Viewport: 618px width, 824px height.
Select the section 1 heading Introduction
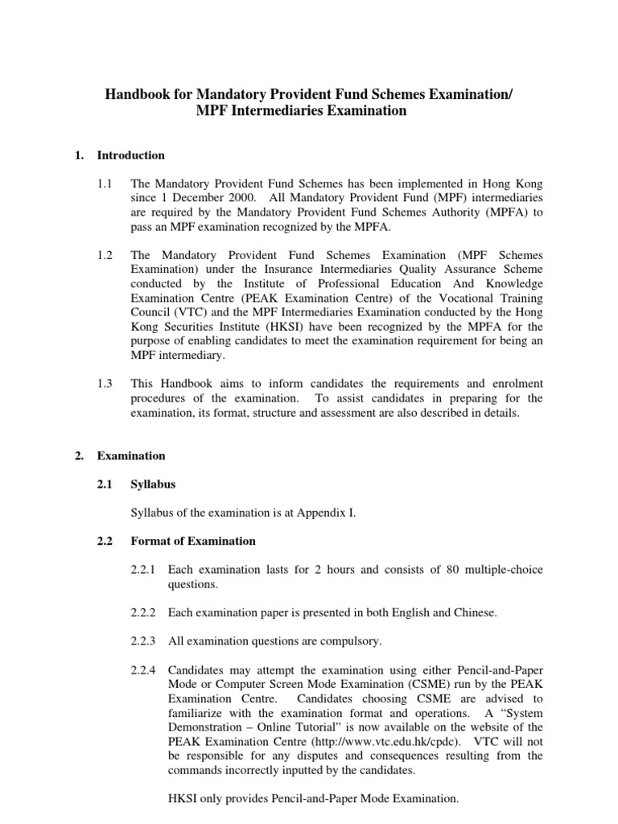click(x=131, y=155)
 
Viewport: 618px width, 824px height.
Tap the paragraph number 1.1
click(x=105, y=183)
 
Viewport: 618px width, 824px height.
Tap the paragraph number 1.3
click(x=105, y=384)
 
